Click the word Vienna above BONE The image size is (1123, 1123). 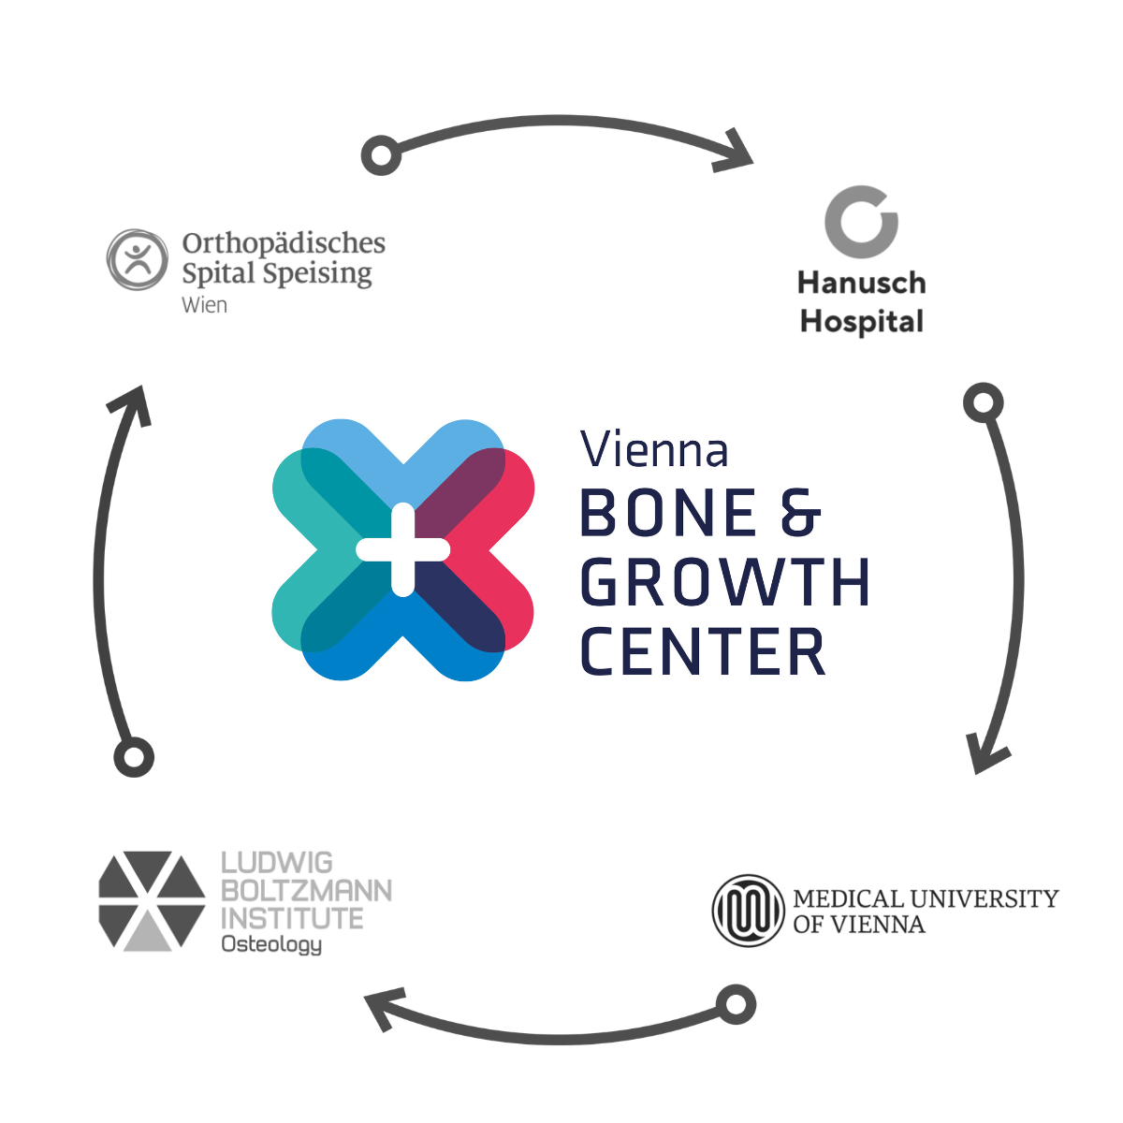point(654,450)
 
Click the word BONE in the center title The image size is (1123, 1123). point(668,513)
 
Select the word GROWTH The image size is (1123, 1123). point(725,582)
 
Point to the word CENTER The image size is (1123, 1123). point(703,652)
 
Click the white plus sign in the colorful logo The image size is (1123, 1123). point(403,549)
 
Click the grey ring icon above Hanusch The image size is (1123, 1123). point(861,222)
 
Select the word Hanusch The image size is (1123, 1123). point(861,283)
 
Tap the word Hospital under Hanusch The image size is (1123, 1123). point(861,322)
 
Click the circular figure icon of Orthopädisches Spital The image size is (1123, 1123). point(138,259)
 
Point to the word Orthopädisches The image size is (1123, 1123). point(284,243)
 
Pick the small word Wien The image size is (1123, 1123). point(204,305)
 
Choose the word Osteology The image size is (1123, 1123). point(271,944)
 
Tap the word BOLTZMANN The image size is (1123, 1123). point(306,890)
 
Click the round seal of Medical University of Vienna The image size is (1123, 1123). point(747,911)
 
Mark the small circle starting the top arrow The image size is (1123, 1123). point(381,154)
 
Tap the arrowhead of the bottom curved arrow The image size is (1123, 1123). point(383,1010)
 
